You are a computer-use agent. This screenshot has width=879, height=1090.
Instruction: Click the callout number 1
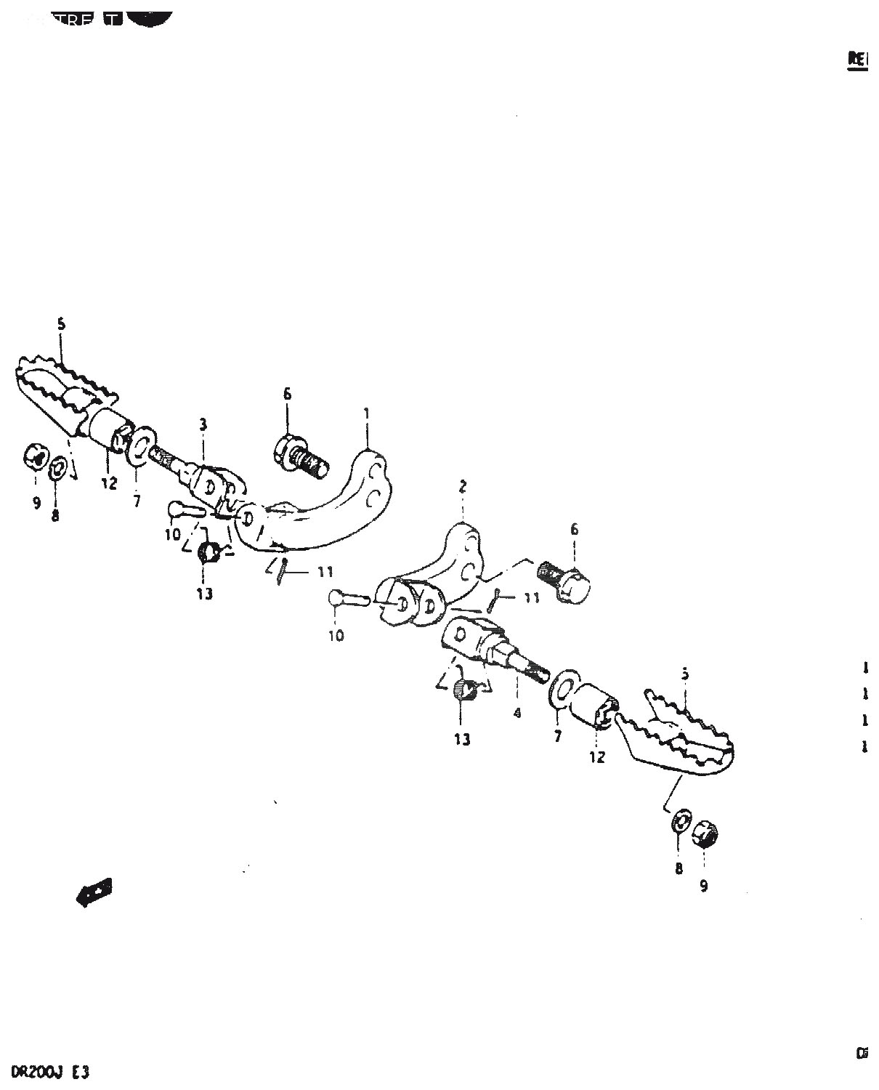pyautogui.click(x=367, y=413)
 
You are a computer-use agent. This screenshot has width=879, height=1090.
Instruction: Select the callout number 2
pyautogui.click(x=463, y=487)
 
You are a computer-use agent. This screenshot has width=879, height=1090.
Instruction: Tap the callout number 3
pyautogui.click(x=203, y=424)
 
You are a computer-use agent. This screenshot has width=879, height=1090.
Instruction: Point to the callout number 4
pyautogui.click(x=517, y=714)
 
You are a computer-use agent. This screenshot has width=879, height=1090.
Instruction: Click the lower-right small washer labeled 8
pyautogui.click(x=680, y=822)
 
